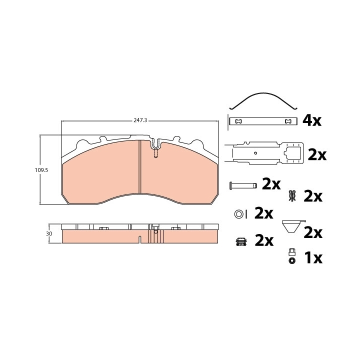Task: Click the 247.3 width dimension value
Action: click(x=140, y=120)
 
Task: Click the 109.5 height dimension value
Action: click(x=41, y=170)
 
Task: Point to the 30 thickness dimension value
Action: click(x=49, y=233)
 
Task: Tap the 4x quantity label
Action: click(x=312, y=121)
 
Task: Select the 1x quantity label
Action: click(x=313, y=258)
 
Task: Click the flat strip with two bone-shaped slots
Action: click(x=263, y=121)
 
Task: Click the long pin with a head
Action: click(x=243, y=185)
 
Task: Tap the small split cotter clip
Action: click(x=292, y=196)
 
